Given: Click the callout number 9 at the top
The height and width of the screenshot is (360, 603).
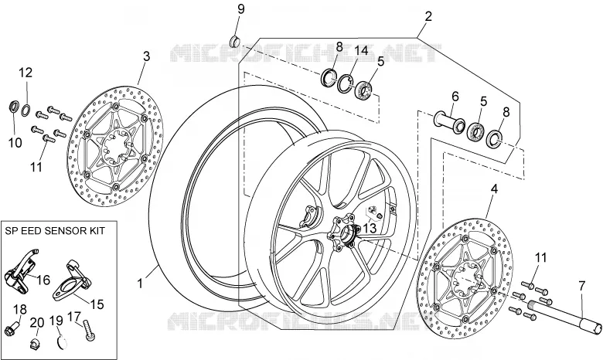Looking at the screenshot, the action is pos(240,9).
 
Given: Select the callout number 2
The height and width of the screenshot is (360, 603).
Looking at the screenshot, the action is pos(428,16).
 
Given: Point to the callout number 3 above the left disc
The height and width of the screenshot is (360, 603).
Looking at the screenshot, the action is pos(147,56).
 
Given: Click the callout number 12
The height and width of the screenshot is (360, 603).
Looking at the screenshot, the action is pos(26,73).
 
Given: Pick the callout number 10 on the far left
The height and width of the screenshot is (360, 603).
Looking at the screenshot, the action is pos(15,143).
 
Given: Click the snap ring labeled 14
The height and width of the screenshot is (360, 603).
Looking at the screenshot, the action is pos(346,83).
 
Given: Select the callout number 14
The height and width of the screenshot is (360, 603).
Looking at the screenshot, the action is pos(361,51).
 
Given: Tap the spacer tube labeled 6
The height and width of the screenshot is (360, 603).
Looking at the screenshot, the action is pos(449,123).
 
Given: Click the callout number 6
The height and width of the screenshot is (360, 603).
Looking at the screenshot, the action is pos(455,97).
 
